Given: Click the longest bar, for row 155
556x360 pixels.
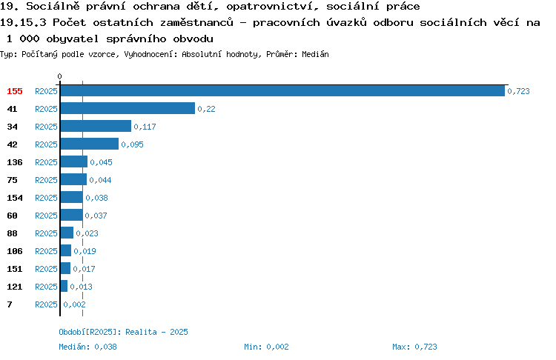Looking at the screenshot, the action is point(282,90).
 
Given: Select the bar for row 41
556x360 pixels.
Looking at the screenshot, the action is point(128,108).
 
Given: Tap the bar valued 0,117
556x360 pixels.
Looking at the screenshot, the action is point(96,126).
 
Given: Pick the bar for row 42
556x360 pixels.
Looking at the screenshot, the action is point(90,144).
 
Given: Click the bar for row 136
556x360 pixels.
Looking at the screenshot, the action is point(73,161).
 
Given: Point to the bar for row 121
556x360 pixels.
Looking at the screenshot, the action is point(64,286).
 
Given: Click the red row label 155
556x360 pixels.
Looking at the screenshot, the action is point(15,91).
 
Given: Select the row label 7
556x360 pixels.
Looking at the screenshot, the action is point(10,304).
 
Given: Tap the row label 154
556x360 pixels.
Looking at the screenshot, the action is point(15,198).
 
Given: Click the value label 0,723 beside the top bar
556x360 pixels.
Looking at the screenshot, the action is point(518,91).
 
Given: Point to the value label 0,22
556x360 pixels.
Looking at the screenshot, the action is point(206,109).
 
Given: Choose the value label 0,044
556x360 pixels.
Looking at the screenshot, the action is point(100,180).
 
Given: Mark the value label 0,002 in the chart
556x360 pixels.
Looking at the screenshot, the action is point(74,304).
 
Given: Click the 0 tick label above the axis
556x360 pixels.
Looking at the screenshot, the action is point(59,76).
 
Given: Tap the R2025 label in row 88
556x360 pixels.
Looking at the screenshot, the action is point(46,233).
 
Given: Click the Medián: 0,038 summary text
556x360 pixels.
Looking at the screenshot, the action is point(87,347).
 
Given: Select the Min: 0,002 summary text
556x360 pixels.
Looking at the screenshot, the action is point(266,347).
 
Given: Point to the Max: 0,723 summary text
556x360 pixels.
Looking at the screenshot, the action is point(414,347).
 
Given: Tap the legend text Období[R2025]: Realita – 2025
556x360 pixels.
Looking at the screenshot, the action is point(123,332).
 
